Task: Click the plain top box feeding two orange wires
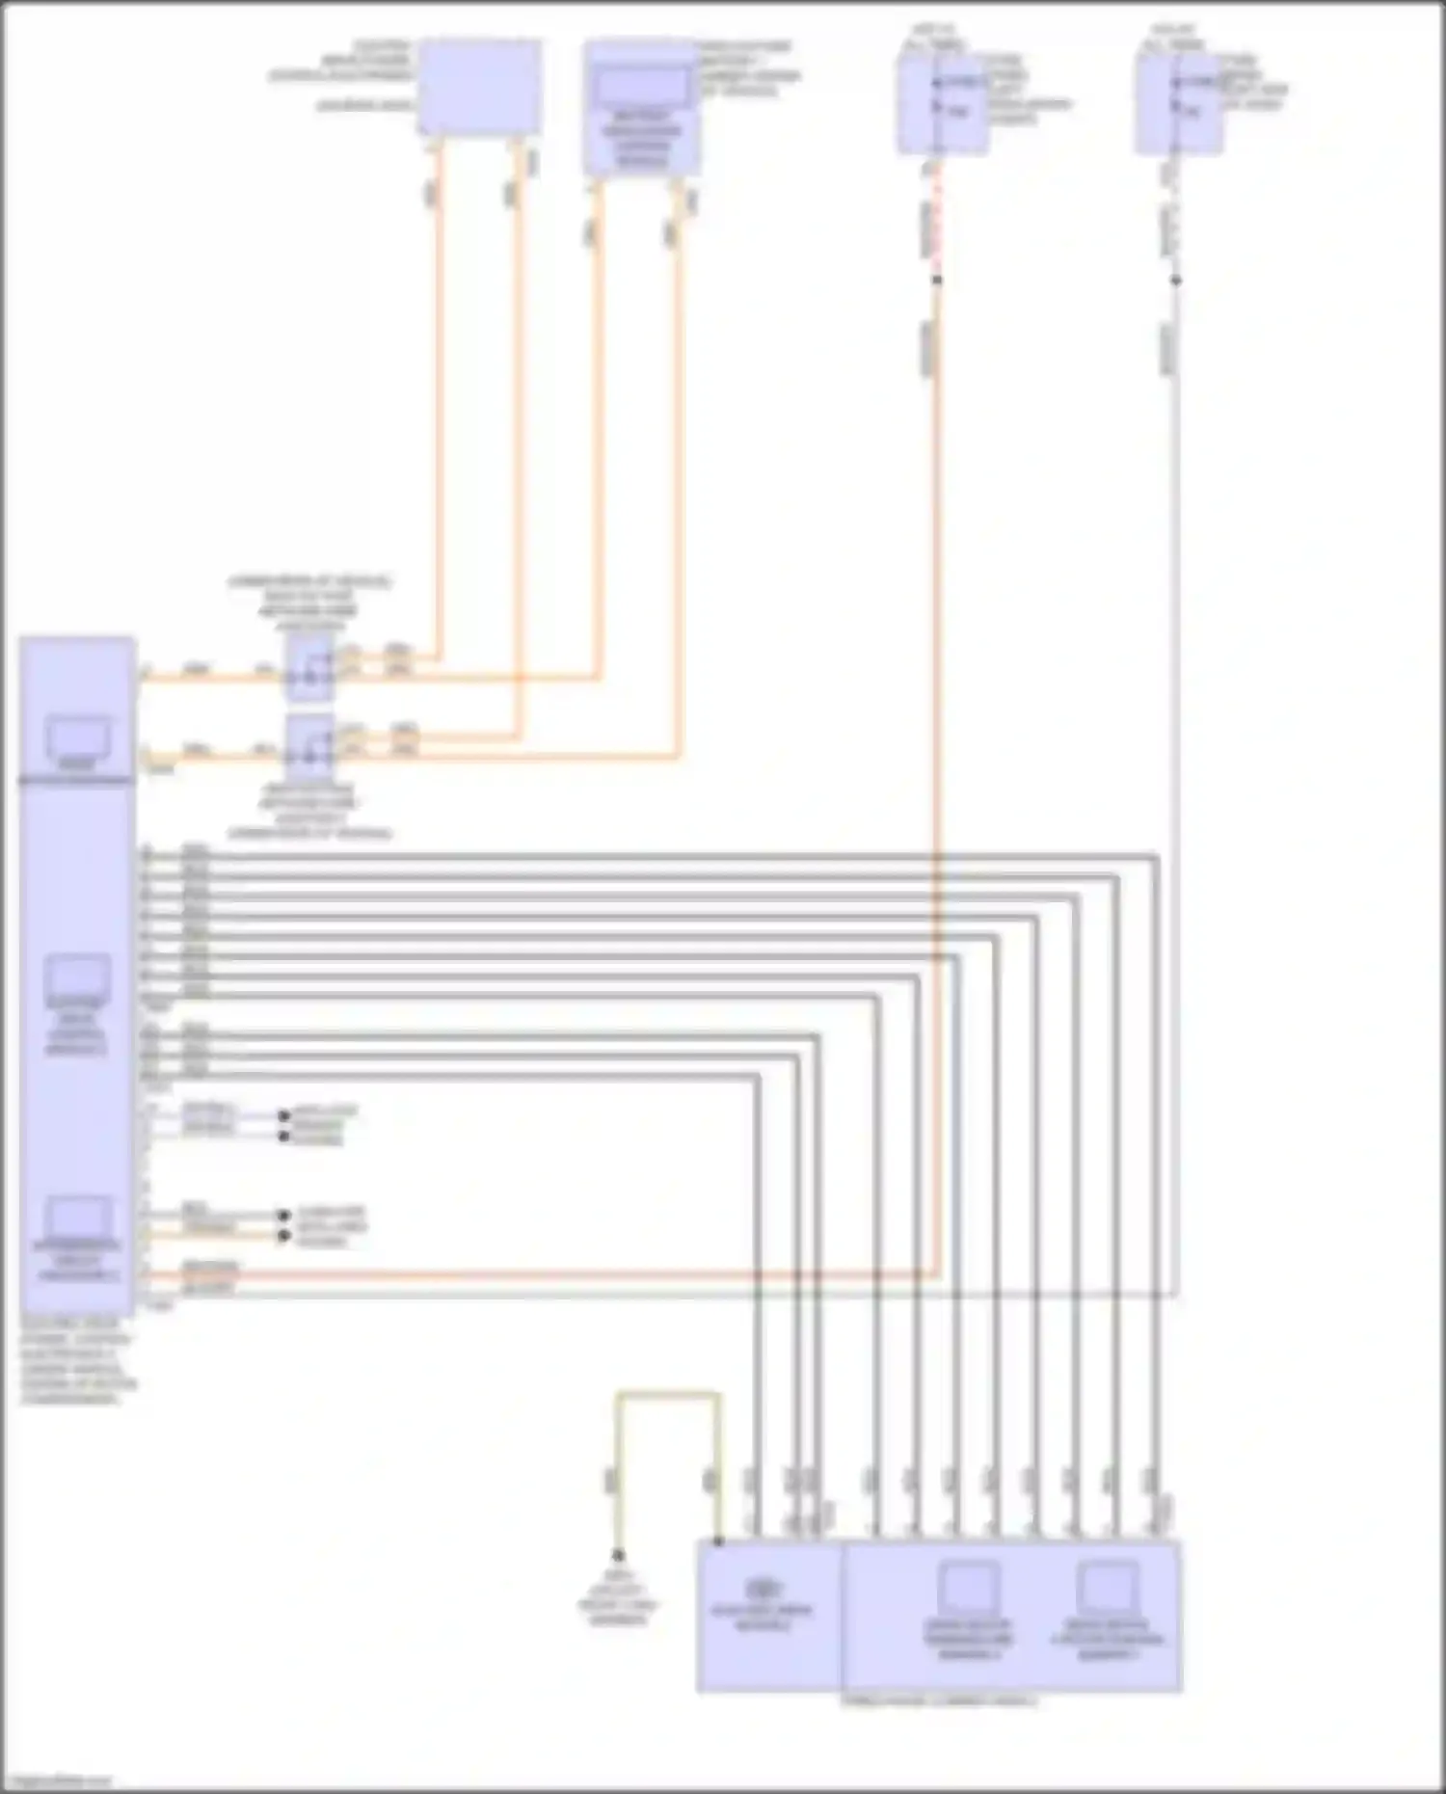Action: [x=479, y=87]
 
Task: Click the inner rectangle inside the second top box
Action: [x=641, y=86]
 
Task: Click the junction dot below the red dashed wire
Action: [x=936, y=281]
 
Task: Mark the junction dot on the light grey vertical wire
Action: [x=1175, y=281]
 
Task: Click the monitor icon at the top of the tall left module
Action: [x=77, y=739]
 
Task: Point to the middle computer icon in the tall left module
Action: [x=77, y=978]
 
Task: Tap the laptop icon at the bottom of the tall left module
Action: [x=77, y=1220]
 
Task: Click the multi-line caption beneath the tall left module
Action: [x=77, y=1361]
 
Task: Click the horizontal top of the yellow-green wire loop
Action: [x=667, y=1394]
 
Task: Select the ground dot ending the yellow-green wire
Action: [x=618, y=1555]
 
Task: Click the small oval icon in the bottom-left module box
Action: [x=763, y=1586]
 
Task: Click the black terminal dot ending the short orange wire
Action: [x=283, y=1236]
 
